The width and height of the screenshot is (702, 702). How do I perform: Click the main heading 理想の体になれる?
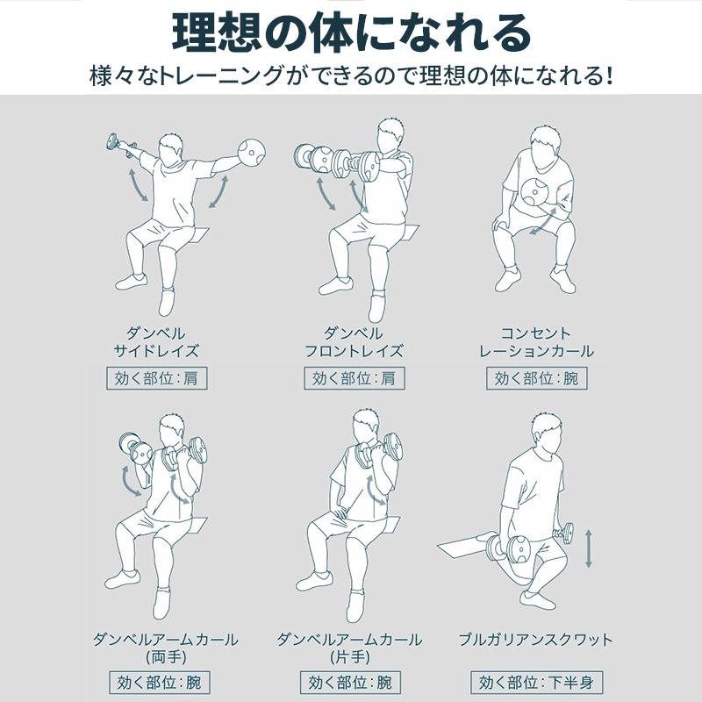click(x=351, y=33)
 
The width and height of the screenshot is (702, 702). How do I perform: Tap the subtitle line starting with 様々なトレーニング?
click(x=351, y=75)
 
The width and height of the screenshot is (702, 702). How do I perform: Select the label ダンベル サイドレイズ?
click(x=156, y=342)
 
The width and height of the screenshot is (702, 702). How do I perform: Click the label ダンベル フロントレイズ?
click(x=354, y=342)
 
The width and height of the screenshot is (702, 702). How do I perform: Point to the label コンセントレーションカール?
click(x=536, y=342)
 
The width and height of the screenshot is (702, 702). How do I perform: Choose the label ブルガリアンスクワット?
click(x=535, y=639)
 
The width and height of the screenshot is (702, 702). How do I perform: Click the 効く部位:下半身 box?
click(x=536, y=683)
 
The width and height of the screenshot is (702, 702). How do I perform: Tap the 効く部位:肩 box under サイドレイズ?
click(x=157, y=378)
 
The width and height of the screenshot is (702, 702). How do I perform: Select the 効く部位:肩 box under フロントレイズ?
click(x=355, y=378)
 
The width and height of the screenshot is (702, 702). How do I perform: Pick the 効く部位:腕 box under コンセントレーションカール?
click(x=537, y=378)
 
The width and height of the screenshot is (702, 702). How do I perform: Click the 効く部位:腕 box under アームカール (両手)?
click(x=160, y=683)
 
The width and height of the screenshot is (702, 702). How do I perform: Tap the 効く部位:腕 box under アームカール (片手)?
click(x=350, y=683)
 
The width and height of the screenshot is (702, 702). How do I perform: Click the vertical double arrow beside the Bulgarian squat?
click(x=588, y=548)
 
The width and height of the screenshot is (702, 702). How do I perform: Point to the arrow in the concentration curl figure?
click(x=544, y=224)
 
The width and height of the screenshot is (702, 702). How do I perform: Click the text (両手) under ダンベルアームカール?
click(x=166, y=657)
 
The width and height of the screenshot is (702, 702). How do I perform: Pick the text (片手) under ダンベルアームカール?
click(x=350, y=657)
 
